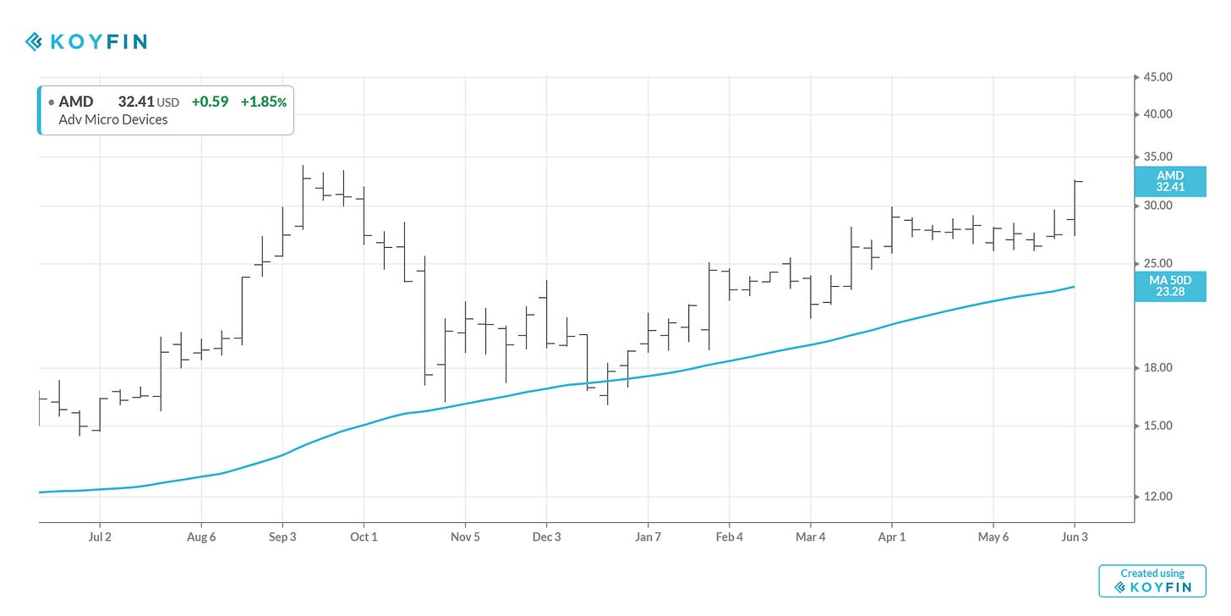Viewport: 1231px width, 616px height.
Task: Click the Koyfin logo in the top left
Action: (x=85, y=41)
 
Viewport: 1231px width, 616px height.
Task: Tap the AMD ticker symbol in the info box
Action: (x=75, y=102)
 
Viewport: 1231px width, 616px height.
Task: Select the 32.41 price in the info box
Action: (x=135, y=102)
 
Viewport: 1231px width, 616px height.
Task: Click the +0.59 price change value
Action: (x=210, y=102)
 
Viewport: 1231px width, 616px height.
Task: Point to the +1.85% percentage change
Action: (x=263, y=102)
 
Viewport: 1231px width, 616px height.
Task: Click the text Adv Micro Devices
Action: (x=113, y=119)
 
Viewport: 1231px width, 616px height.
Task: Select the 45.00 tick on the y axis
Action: (x=1158, y=77)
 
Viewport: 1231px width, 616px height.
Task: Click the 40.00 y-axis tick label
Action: (x=1158, y=114)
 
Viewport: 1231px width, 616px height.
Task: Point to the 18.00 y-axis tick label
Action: (x=1158, y=368)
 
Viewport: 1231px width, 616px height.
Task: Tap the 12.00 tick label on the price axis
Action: (x=1158, y=497)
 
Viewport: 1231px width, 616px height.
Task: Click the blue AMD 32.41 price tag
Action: (x=1170, y=181)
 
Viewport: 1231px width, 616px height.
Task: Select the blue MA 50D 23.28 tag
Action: (x=1170, y=286)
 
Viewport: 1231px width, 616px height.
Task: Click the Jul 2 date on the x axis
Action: (x=100, y=537)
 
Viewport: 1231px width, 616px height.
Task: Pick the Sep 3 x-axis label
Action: (x=282, y=537)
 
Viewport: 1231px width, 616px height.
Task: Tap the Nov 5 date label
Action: (x=465, y=537)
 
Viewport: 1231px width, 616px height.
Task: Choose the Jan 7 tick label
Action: (x=648, y=537)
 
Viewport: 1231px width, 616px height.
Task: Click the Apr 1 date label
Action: (x=891, y=537)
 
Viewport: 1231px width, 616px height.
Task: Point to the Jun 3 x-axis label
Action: (x=1075, y=537)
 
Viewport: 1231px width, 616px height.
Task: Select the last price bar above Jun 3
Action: (x=1075, y=207)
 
